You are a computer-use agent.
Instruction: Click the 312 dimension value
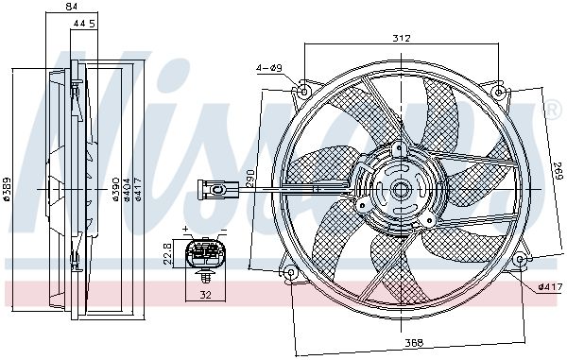(402, 38)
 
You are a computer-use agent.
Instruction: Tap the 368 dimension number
(414, 342)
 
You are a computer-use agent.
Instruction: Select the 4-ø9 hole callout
(269, 68)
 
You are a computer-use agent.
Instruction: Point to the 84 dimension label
(72, 7)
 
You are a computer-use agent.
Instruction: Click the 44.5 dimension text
(84, 24)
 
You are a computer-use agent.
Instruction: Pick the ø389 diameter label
(7, 189)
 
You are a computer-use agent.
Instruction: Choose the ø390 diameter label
(115, 189)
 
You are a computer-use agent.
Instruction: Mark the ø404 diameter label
(127, 189)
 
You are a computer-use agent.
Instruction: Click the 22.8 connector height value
(167, 254)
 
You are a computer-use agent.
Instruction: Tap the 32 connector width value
(205, 296)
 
